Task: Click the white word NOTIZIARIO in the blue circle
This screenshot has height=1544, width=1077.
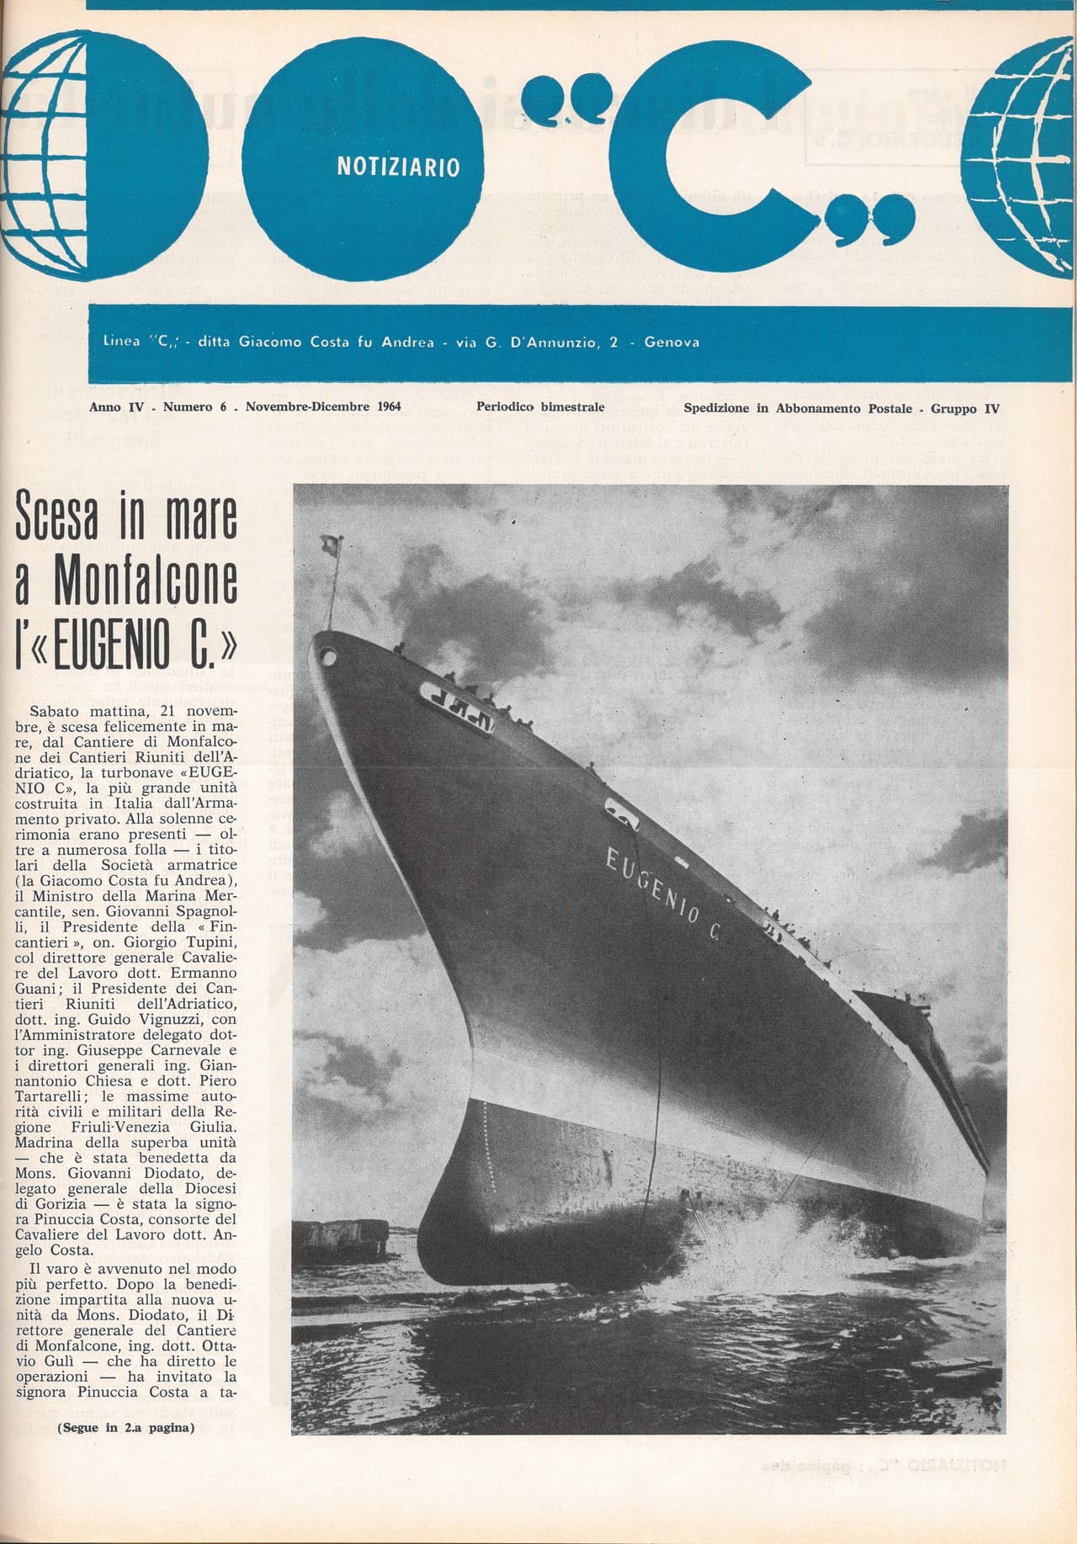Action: pos(398,167)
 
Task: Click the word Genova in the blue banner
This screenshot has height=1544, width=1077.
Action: pos(671,342)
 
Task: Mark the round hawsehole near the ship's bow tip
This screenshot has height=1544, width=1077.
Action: pos(327,655)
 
